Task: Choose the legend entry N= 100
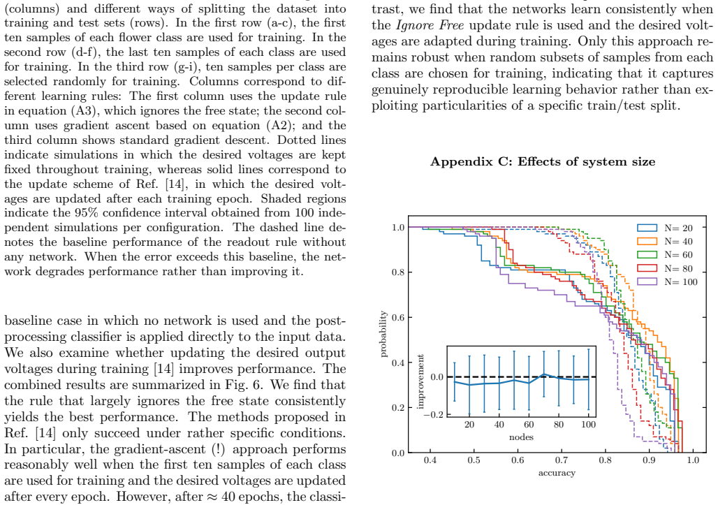668,281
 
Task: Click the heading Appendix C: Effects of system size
543,161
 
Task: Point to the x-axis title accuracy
557,473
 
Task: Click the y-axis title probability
383,335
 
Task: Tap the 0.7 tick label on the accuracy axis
562,460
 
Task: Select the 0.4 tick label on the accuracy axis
430,460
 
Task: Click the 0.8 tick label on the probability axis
398,272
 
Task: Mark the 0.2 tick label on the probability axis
398,408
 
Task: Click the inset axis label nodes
521,437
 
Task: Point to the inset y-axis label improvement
421,381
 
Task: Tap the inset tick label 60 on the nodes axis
529,425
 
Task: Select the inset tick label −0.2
433,414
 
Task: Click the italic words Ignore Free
430,25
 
